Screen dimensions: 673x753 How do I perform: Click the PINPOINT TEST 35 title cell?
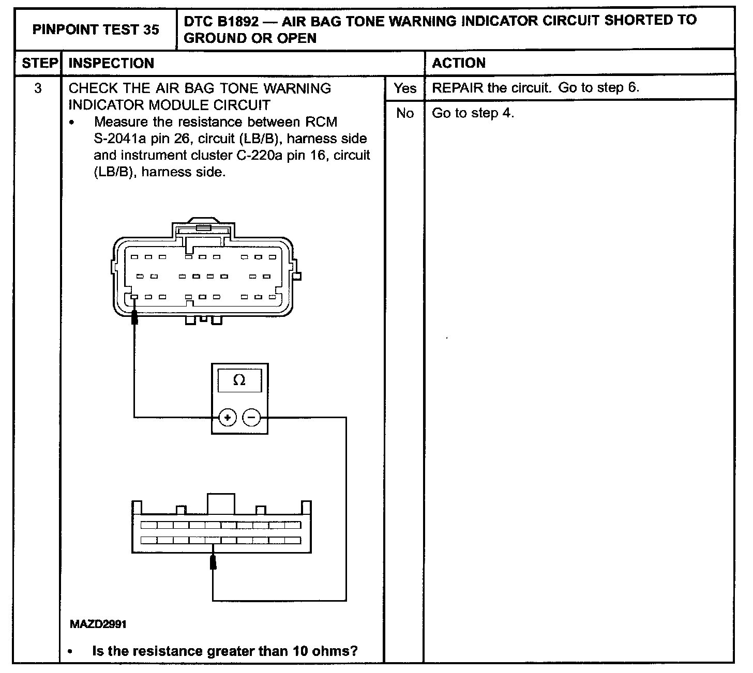tap(96, 29)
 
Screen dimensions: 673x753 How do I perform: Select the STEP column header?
tap(39, 63)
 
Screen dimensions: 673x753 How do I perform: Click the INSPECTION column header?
tap(111, 63)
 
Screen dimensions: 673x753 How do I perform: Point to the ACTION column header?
tap(459, 63)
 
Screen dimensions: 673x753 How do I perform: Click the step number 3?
tap(38, 88)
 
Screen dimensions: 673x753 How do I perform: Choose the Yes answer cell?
tap(404, 88)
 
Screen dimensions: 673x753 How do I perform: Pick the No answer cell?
tap(404, 113)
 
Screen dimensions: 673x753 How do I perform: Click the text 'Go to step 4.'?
tap(473, 113)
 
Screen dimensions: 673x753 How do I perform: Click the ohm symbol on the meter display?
tap(239, 380)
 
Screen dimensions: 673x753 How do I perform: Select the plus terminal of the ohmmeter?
tap(228, 417)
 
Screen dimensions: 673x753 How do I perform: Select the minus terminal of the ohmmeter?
tap(252, 417)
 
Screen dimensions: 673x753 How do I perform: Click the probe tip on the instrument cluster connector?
tap(213, 561)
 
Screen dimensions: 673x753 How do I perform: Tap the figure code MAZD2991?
tap(98, 624)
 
